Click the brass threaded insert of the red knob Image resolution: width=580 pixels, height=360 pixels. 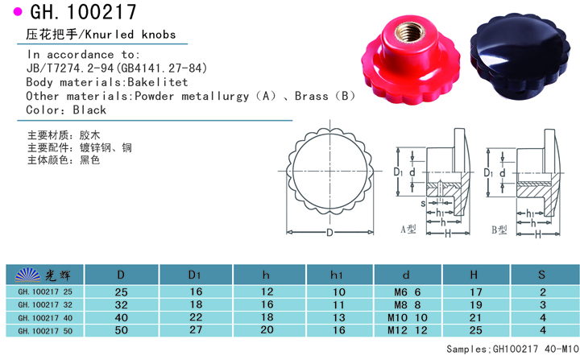(x=409, y=31)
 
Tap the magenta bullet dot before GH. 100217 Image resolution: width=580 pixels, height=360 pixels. (x=18, y=12)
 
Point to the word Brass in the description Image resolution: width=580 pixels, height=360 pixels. (x=311, y=96)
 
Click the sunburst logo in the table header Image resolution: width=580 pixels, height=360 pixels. (x=27, y=275)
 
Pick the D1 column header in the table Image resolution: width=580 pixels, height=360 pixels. (x=195, y=275)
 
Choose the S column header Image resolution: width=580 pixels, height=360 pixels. (x=541, y=275)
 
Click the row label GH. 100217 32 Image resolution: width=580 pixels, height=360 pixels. (x=45, y=305)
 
